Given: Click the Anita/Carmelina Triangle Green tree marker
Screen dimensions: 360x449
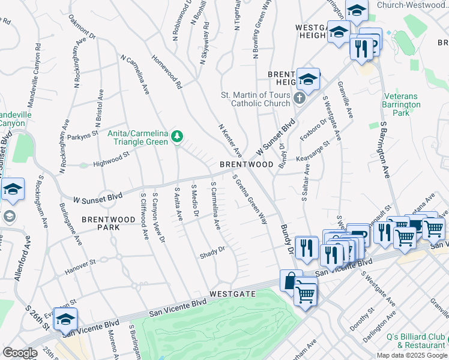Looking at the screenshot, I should point(176,137).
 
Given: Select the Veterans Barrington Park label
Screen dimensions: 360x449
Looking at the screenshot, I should point(405,104).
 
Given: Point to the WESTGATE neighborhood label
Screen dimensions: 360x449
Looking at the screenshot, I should point(234,294).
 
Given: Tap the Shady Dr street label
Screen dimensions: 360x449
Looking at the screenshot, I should point(212,253).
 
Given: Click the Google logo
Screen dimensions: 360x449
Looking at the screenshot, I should point(20,353).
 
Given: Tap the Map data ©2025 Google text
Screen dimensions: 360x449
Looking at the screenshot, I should point(411,355).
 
